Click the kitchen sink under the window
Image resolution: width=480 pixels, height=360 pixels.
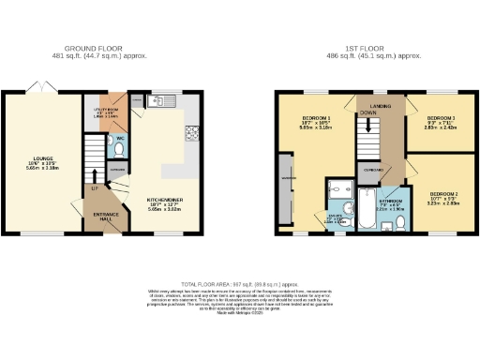tap(161, 100)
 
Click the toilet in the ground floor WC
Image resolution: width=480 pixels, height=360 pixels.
tap(122, 147)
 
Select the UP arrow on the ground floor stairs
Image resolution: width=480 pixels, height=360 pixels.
tap(93, 175)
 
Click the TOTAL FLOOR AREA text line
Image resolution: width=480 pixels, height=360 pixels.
tap(240, 282)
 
